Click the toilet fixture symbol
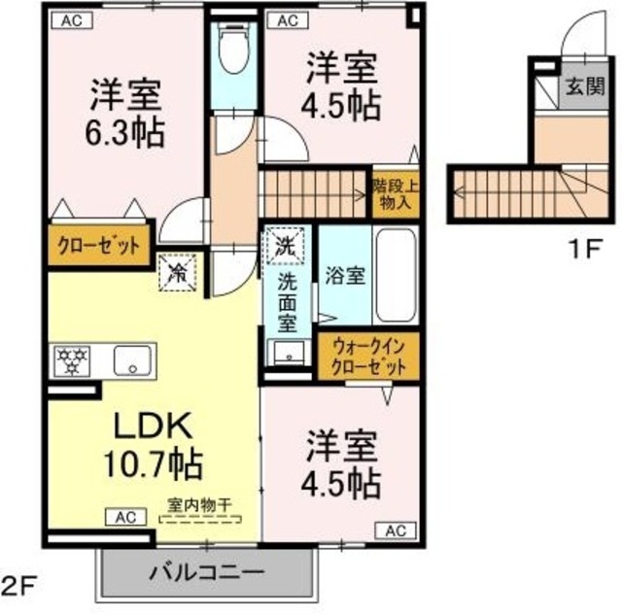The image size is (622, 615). (x=234, y=50)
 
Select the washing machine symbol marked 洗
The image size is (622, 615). (x=288, y=242)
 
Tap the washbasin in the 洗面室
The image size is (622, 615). (x=287, y=353)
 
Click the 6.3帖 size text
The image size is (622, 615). (x=124, y=130)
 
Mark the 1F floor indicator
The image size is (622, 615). (x=587, y=249)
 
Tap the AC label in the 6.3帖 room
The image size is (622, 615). (x=73, y=18)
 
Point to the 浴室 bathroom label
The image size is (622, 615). (x=345, y=275)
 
